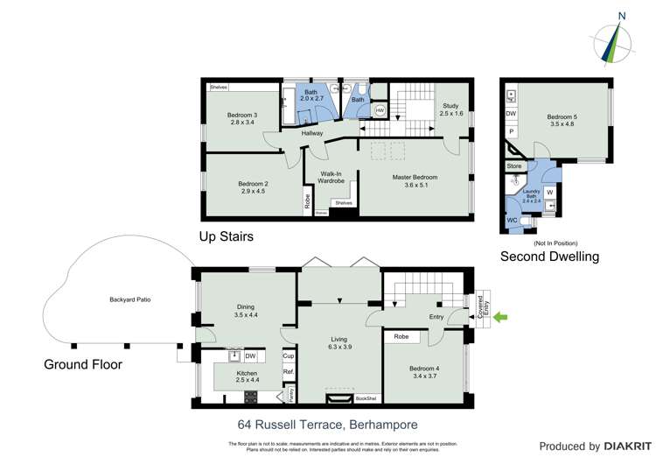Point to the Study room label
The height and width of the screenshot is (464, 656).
click(450, 109)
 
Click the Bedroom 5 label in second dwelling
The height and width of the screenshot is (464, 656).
click(564, 121)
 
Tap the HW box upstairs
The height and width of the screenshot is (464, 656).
click(380, 111)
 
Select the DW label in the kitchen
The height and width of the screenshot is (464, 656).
click(250, 355)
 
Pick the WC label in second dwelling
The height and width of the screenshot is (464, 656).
click(513, 220)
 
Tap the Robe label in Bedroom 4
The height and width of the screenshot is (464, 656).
click(401, 336)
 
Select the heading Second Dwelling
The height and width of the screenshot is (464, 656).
click(549, 257)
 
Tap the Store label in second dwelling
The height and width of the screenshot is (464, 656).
click(514, 165)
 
